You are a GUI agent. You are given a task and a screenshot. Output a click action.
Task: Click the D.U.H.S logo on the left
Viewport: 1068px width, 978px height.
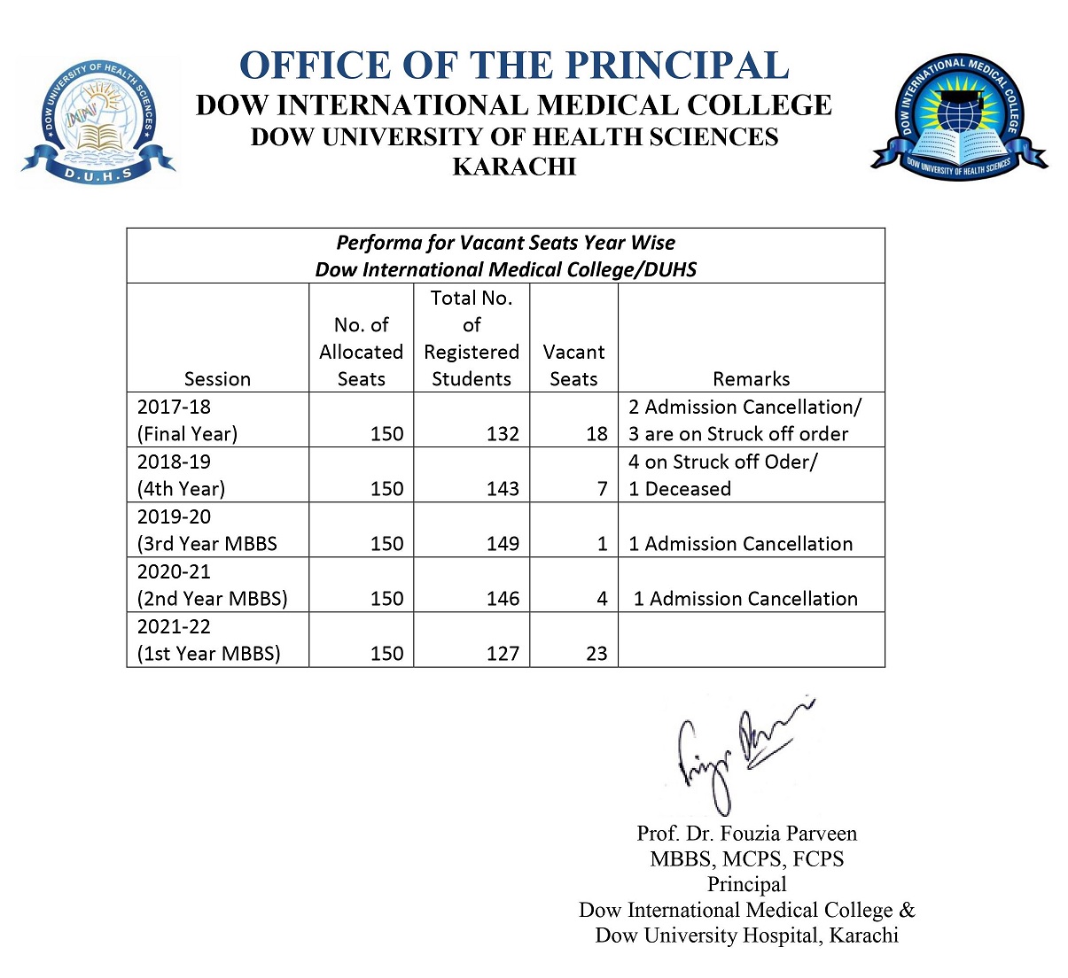[x=97, y=122]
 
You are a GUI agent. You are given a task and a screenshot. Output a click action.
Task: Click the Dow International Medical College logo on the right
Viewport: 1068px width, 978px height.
[x=959, y=115]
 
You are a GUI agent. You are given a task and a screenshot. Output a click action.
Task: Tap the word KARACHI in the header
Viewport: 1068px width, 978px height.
[x=514, y=167]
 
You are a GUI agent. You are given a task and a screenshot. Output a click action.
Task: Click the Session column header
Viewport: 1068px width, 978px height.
[x=217, y=379]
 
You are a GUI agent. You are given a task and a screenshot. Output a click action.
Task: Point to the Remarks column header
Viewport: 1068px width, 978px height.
[x=751, y=379]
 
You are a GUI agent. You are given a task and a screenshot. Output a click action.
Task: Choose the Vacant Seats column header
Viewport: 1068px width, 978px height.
[x=573, y=365]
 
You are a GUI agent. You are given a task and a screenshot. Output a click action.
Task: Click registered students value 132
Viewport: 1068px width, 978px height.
[x=503, y=434]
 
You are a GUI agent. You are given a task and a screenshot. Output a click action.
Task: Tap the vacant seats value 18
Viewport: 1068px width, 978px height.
[x=596, y=434]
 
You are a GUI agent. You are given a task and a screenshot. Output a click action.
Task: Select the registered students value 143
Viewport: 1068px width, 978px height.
[x=503, y=489]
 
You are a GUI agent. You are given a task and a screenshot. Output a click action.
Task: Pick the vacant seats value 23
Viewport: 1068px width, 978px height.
[x=596, y=654]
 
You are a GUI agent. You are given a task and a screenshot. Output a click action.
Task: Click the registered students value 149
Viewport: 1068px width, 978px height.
[x=503, y=544]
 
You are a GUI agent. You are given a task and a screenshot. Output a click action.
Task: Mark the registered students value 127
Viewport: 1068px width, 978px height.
[x=503, y=654]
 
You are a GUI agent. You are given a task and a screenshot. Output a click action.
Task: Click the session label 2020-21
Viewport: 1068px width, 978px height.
[x=174, y=571]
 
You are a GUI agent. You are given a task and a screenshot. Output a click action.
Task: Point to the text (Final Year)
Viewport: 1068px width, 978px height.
[x=187, y=434]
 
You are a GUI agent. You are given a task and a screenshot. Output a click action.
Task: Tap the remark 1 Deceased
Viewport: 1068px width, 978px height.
[x=680, y=489]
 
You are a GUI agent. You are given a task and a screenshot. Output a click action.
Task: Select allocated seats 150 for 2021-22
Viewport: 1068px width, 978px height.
[x=386, y=654]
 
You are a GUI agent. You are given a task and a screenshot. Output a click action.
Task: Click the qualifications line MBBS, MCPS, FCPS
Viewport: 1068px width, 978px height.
[x=746, y=858]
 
